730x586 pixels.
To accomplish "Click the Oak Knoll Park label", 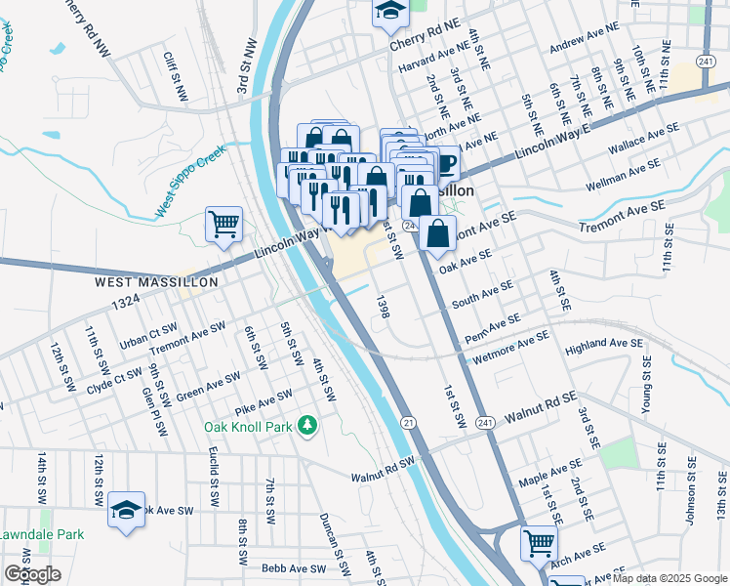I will (249, 427).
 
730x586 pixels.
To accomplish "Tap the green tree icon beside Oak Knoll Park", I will (308, 425).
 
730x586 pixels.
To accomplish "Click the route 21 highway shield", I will (407, 422).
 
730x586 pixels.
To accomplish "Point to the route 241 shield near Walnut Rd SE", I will (485, 422).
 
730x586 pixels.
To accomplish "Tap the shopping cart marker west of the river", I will (223, 225).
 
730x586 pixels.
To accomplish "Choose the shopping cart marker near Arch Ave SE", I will (539, 543).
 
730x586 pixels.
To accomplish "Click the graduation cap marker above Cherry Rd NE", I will (390, 12).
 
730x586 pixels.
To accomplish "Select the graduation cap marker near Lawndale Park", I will (126, 510).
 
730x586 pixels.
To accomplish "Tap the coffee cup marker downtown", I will (445, 163).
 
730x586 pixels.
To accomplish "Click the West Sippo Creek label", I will (190, 183).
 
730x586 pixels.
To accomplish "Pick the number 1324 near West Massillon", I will (126, 305).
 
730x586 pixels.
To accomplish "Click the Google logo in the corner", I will (33, 574).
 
